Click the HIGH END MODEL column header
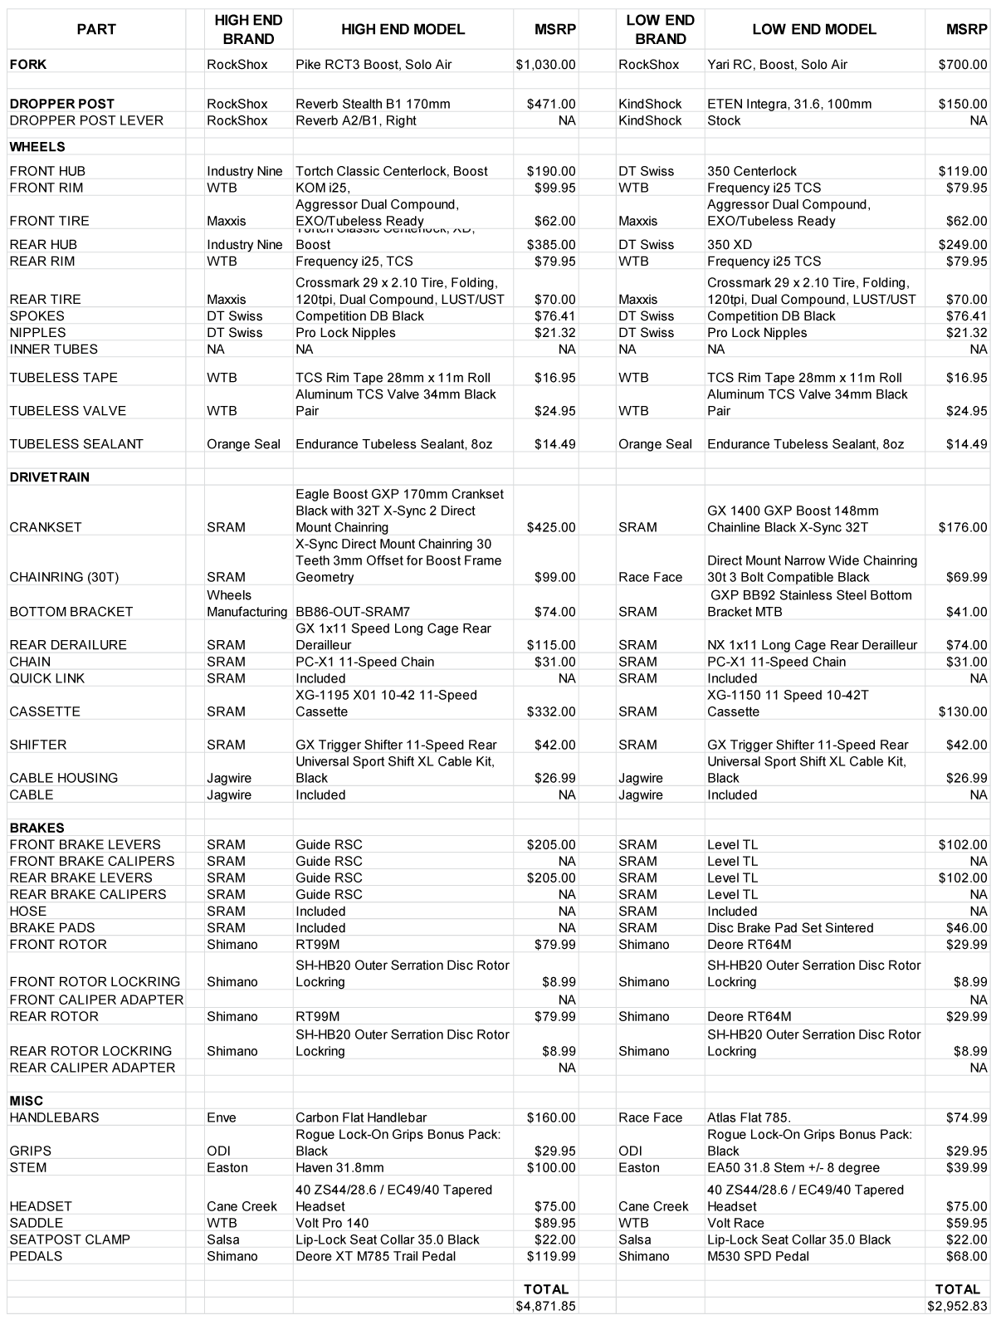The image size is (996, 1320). tap(403, 30)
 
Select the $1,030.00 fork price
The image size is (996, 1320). tap(545, 65)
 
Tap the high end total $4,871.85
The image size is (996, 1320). tap(545, 1306)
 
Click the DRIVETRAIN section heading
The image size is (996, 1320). tap(50, 477)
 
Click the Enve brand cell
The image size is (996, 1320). tap(222, 1117)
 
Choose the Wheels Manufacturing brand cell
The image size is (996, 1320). tap(247, 604)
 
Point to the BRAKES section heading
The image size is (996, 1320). tap(37, 828)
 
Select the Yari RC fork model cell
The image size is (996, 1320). tap(777, 65)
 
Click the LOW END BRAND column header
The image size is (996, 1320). tap(660, 30)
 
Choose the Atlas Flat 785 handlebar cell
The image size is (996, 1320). tap(749, 1117)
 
